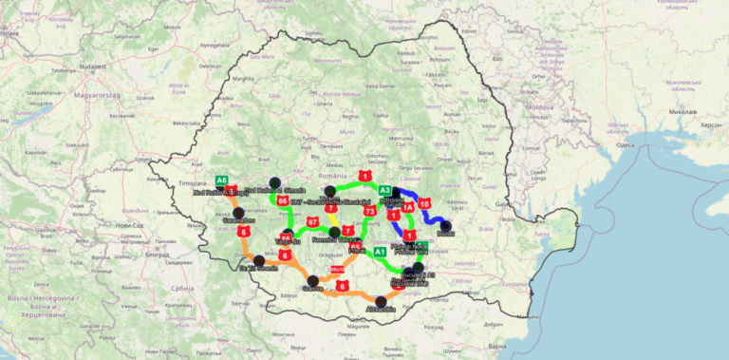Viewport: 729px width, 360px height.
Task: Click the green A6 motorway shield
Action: click(221, 180)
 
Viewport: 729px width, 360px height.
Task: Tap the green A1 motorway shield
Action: click(380, 252)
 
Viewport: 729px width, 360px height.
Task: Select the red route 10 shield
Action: click(424, 203)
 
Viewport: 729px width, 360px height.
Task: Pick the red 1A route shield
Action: click(408, 207)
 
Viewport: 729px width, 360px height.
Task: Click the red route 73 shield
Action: click(370, 211)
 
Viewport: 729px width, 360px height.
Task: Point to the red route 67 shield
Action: click(312, 221)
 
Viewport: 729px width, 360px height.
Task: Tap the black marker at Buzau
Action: click(446, 225)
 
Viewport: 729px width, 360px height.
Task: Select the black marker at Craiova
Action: click(314, 281)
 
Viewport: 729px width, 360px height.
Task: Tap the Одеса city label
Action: click(624, 144)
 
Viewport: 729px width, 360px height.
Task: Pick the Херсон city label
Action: click(710, 124)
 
